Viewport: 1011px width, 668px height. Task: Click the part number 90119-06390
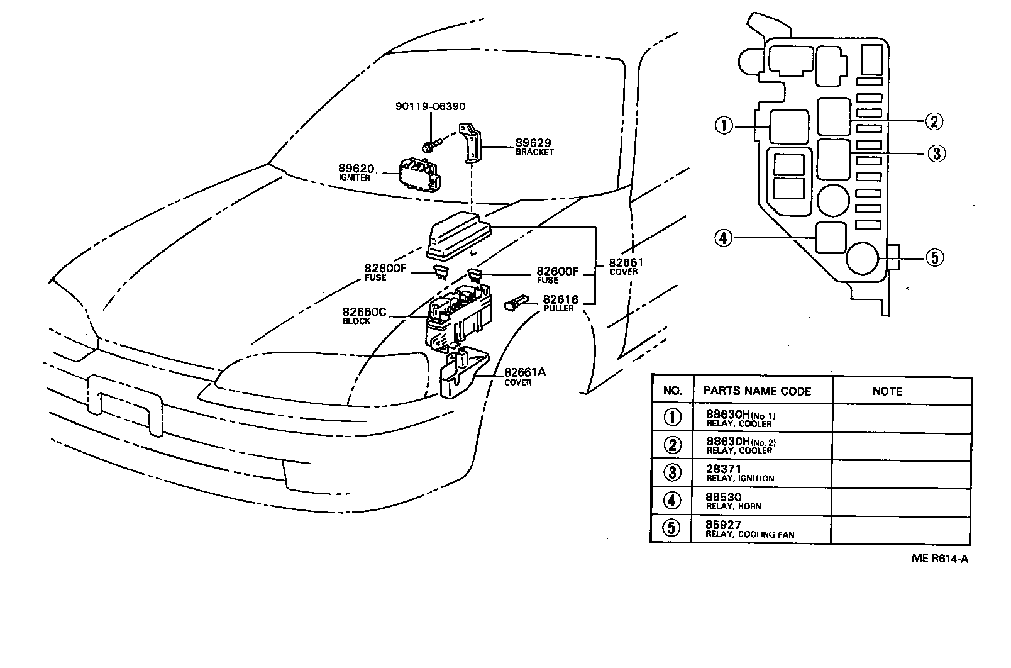(430, 107)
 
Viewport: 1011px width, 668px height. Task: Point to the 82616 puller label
(560, 303)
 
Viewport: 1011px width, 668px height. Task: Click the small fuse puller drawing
(515, 304)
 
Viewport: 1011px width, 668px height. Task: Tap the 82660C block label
(364, 315)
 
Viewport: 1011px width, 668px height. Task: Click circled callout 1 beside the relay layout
(724, 126)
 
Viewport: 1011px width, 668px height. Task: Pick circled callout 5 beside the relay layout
(935, 257)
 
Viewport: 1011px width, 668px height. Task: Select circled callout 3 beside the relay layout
(936, 153)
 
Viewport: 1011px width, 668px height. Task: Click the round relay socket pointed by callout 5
(862, 259)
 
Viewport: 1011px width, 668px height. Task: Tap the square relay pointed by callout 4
(831, 238)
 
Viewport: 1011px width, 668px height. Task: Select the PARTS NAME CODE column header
(757, 391)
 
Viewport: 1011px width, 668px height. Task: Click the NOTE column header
(887, 391)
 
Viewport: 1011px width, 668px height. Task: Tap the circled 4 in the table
(672, 501)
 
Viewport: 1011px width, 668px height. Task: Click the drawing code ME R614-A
(940, 557)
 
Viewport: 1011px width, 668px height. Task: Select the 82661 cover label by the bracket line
(624, 266)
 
